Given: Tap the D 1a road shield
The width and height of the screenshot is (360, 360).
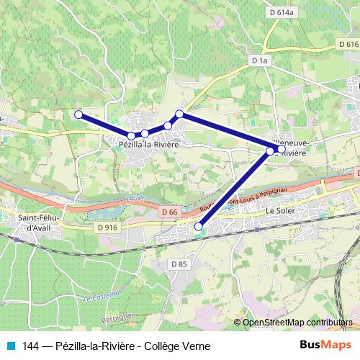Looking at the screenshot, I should coord(261,61).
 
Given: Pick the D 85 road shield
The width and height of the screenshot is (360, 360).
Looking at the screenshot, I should coord(179,265).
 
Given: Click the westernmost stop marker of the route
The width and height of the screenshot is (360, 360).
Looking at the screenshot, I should coord(78,114).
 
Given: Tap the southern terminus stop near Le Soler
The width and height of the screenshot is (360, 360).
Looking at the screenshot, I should coord(199,228).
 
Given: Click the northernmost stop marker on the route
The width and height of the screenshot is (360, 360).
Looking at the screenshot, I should coord(180,114).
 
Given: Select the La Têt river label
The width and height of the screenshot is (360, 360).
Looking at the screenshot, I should coord(132,198).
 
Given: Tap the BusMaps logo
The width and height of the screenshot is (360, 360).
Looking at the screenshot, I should coord(325,346).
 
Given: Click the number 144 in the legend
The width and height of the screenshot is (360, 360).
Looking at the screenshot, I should coord(31,346).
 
